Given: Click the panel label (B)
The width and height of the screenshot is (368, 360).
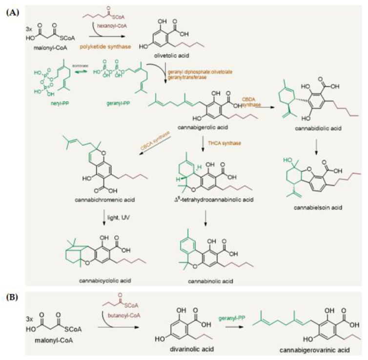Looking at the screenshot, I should click(12, 296).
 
